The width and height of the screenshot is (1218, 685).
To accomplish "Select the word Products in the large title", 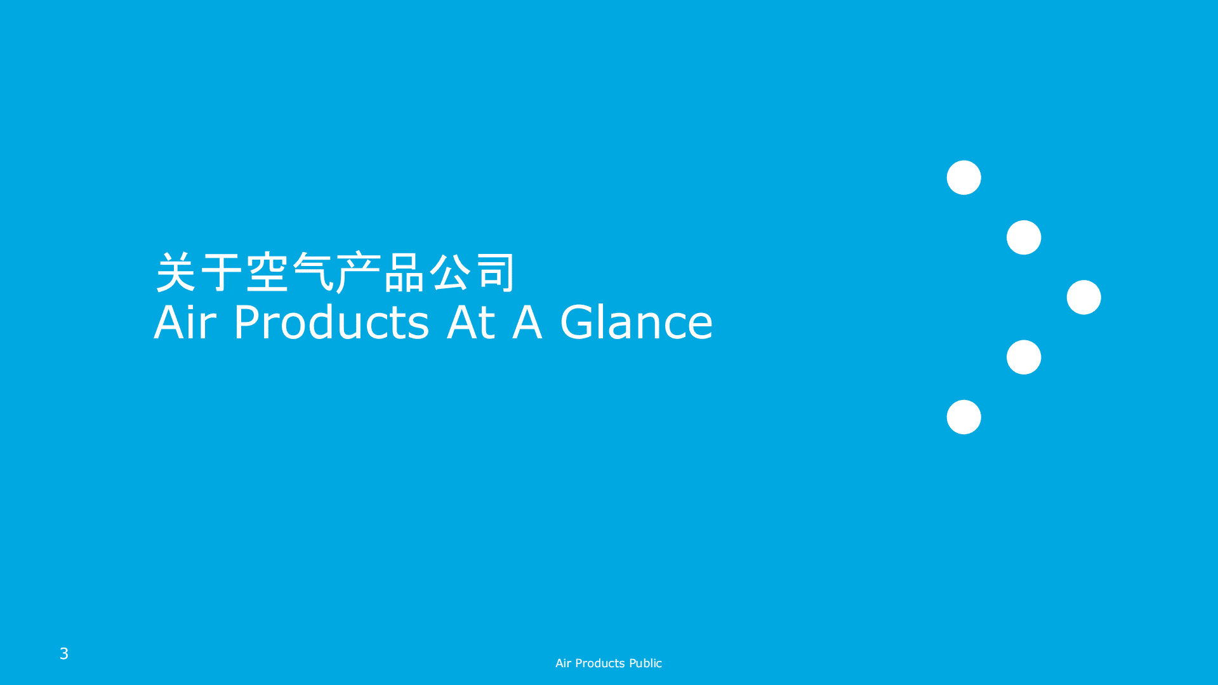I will coord(331,322).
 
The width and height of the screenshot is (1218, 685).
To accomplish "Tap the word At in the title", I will coord(470,322).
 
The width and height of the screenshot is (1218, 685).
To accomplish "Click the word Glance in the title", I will coord(636,322).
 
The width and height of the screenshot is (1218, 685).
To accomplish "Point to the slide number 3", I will coord(64,654).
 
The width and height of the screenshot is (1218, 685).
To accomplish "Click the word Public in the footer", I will coord(645,663).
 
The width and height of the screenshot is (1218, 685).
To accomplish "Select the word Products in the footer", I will coord(600,663).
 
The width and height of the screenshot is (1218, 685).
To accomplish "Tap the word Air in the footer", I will coord(563,663).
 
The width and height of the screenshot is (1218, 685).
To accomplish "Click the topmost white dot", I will coord(963,178).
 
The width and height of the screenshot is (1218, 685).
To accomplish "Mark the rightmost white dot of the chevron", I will coord(1083,297).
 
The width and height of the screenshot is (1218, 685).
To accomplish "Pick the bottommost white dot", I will coord(963,417).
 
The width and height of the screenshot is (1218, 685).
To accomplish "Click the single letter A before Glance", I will coord(527,322).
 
